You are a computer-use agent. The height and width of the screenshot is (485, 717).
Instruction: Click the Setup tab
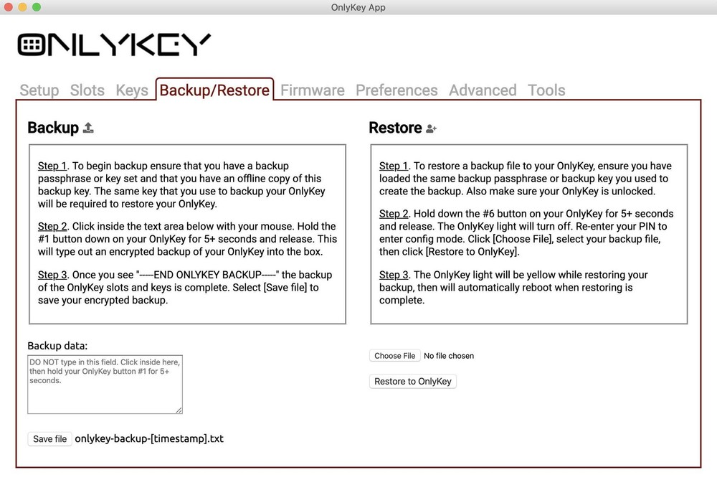coord(39,90)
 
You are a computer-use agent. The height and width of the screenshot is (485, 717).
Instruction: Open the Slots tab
coord(87,90)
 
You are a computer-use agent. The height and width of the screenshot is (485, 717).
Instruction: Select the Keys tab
coord(132,90)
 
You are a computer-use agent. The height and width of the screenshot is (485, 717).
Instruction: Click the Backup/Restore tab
coord(214,90)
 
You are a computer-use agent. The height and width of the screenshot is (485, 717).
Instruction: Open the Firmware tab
coord(313,90)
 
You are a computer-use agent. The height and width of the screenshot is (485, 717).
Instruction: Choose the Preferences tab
coord(397,90)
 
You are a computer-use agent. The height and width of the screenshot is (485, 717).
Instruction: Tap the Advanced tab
coord(483,90)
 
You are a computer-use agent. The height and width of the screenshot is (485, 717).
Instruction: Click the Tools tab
coord(546,90)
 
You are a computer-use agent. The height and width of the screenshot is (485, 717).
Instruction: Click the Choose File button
coord(394,356)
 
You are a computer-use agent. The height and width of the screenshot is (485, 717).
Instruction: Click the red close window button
coord(9,7)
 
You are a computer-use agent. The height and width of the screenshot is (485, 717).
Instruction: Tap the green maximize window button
coord(37,7)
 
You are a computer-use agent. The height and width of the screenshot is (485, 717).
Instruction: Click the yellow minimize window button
coord(23,7)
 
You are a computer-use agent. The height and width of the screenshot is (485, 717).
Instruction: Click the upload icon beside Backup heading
coord(88,128)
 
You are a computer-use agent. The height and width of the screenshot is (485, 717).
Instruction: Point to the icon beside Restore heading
coord(431,128)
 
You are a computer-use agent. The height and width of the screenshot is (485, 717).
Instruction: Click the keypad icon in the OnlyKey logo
coord(31,44)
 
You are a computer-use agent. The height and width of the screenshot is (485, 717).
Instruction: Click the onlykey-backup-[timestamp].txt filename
coord(149,438)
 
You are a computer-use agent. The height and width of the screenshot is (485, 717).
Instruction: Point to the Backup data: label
coord(57,346)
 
